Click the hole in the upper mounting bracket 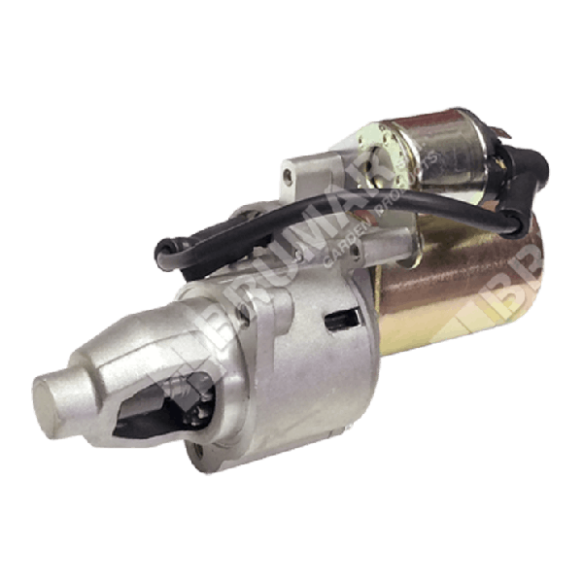[x=288, y=175]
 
